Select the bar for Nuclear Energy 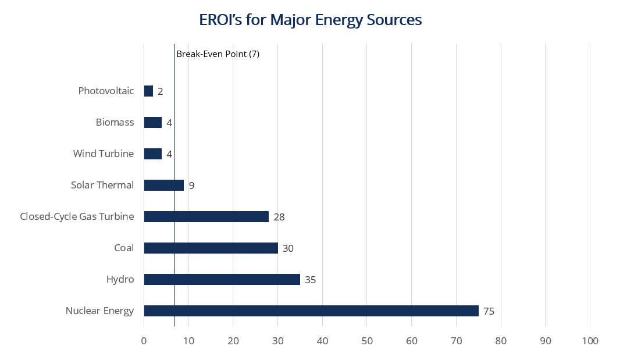pos(311,311)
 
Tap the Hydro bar pos(222,279)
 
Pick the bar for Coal pos(211,248)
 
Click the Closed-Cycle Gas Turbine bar pos(206,216)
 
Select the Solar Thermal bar pos(164,185)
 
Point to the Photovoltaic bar pos(148,91)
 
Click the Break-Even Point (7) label pos(218,54)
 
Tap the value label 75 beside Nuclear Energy pos(489,311)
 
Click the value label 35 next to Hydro pos(310,280)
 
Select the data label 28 pos(279,217)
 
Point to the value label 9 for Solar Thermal pos(191,186)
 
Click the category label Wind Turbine pos(103,154)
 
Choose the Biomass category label pos(115,122)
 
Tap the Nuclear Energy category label pos(99,311)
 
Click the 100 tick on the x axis pos(590,341)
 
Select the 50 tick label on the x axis pos(367,341)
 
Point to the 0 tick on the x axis pos(144,341)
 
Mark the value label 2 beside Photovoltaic pos(160,91)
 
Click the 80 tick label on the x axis pos(501,341)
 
